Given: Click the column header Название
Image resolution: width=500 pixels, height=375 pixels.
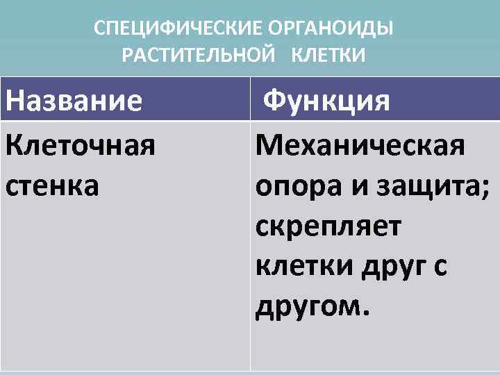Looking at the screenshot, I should pos(74,101).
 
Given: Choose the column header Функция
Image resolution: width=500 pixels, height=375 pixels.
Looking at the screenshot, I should pos(326,101).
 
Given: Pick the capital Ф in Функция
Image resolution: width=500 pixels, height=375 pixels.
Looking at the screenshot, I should pos(274,101).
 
